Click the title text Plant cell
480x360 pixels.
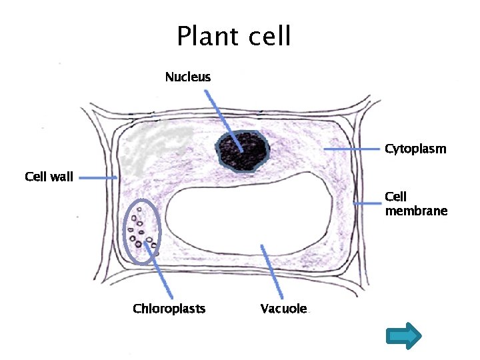(x=233, y=36)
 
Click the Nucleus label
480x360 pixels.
(x=188, y=77)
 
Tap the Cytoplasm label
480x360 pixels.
(x=415, y=149)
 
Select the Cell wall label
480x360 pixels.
(x=49, y=177)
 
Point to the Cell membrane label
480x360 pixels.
(x=415, y=204)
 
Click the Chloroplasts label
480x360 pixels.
(x=169, y=309)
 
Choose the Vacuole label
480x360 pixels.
(x=284, y=309)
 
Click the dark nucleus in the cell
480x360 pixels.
(x=241, y=151)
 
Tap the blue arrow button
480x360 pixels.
(x=404, y=337)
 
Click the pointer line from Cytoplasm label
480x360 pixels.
(x=353, y=150)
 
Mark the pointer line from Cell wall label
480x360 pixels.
(x=97, y=177)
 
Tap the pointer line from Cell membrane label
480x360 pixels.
(x=367, y=202)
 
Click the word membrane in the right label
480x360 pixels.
(x=416, y=211)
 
